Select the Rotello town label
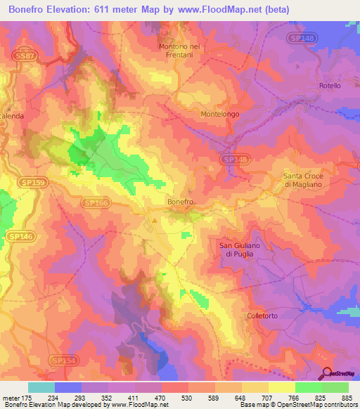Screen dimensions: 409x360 pos(330,86)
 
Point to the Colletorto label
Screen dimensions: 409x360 pos(264,316)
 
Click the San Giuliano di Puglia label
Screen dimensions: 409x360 pos(240,249)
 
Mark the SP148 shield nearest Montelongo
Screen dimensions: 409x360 pos(235,160)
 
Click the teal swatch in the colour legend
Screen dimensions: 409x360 pos(41,387)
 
